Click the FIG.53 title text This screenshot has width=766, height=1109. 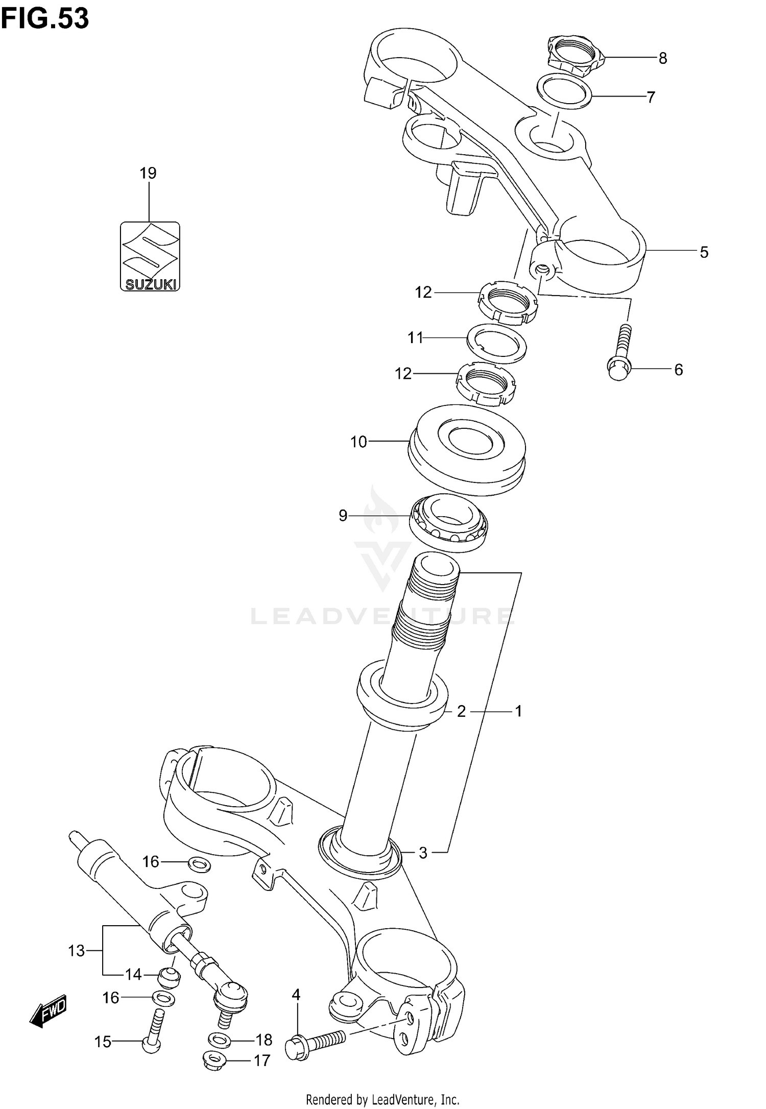click(x=45, y=19)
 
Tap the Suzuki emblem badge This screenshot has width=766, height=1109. click(x=150, y=256)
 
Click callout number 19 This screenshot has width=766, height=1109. click(x=148, y=174)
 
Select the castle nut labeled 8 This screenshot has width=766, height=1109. click(x=576, y=53)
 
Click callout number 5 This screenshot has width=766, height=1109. click(x=704, y=252)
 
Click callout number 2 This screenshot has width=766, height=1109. click(x=461, y=711)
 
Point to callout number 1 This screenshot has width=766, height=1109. click(x=518, y=711)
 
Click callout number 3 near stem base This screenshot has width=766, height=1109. click(x=422, y=853)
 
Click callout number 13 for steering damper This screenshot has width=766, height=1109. click(x=76, y=951)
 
